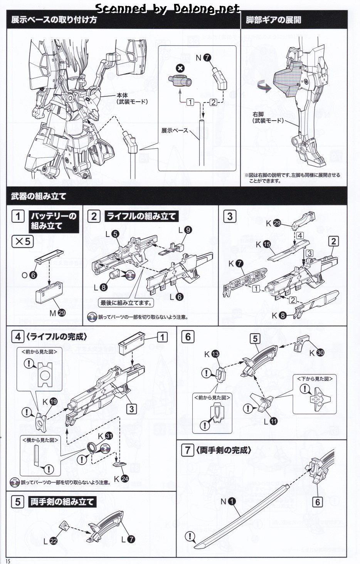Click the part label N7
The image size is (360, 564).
(203, 58)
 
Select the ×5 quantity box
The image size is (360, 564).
(23, 242)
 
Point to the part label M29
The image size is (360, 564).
(57, 313)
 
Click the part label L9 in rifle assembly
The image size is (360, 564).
(185, 230)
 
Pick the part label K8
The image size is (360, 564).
(279, 316)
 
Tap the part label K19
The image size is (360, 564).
(49, 401)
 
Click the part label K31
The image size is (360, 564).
(105, 436)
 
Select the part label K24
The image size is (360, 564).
(121, 479)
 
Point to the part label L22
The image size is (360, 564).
(50, 541)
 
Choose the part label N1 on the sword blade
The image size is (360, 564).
(228, 501)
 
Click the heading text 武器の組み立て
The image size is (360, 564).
(39, 196)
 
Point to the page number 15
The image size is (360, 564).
(8, 561)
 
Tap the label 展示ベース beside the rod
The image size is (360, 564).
(175, 131)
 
